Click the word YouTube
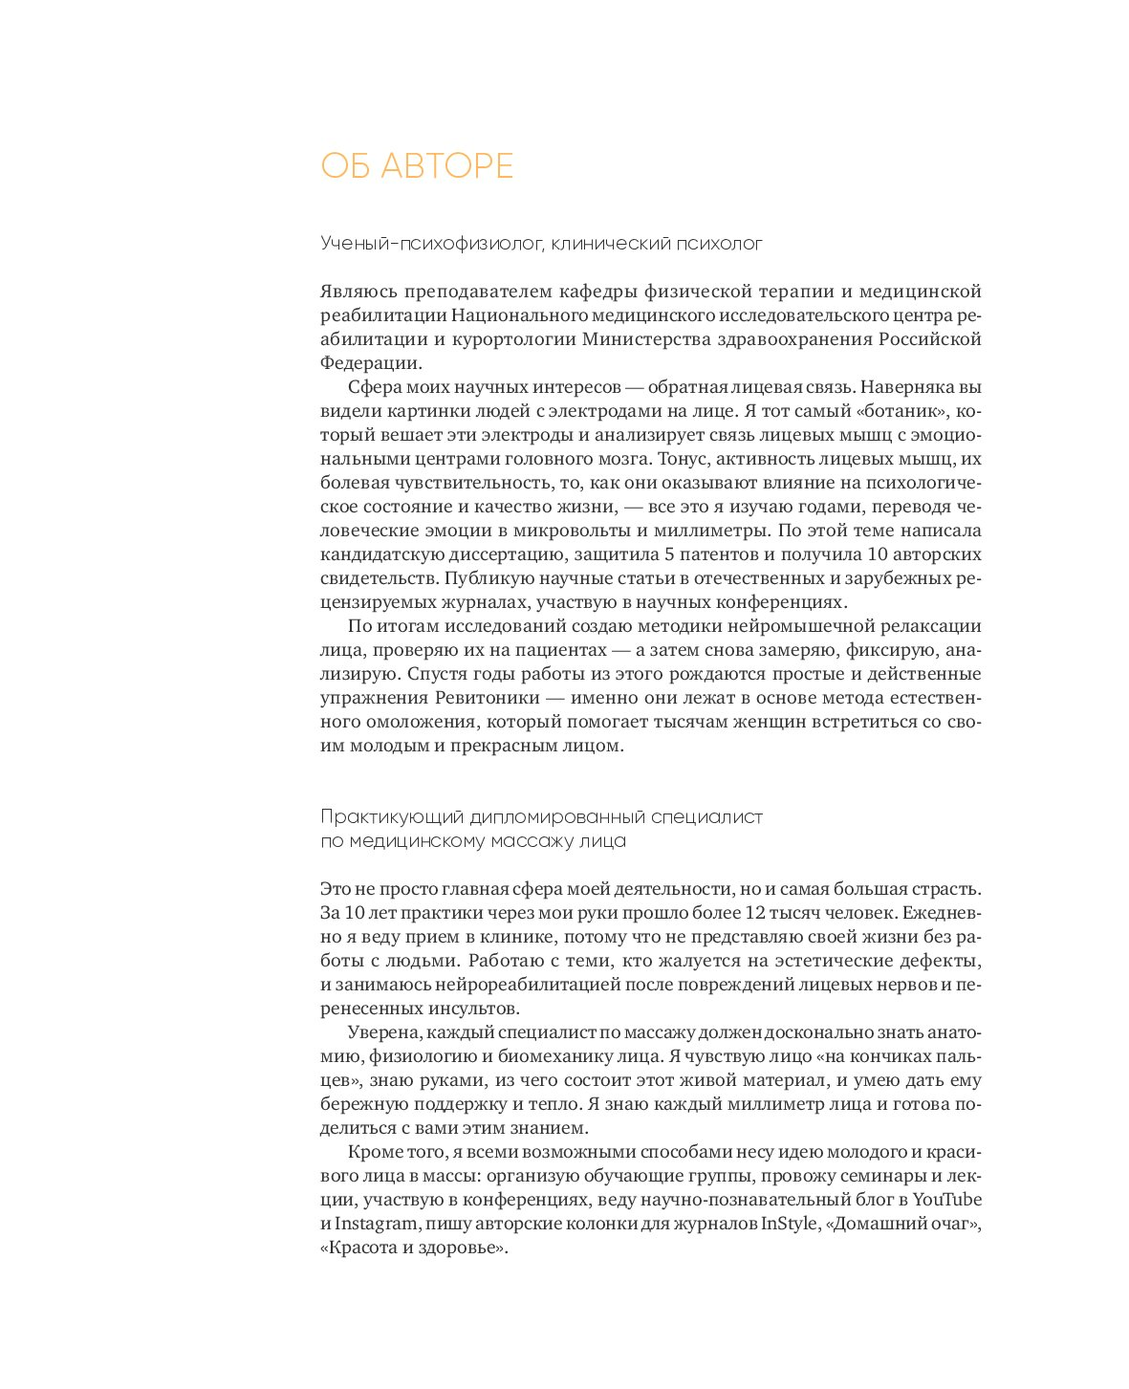point(946,1200)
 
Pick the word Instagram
point(376,1224)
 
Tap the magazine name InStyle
point(789,1224)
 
